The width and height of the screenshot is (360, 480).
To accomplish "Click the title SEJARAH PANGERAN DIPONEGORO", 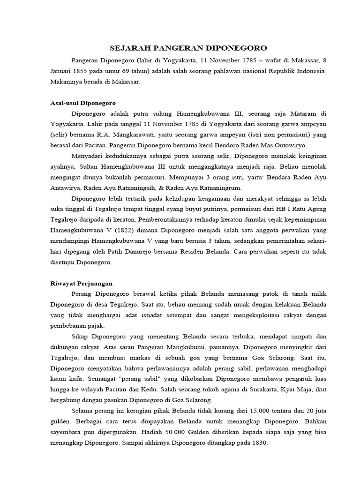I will pos(188,48).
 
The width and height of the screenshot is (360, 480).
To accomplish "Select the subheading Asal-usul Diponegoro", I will pos(82,102).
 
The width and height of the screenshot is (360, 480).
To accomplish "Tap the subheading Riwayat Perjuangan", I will pos(81,284).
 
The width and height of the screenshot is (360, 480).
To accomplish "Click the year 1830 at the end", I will pos(257,442).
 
